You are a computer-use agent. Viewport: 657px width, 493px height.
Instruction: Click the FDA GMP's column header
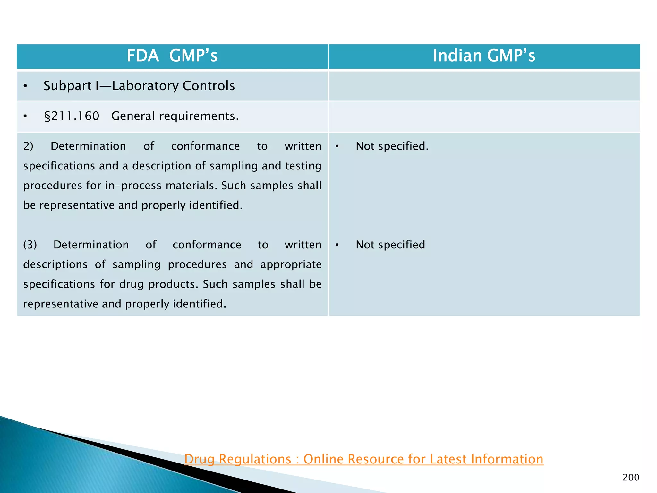[x=172, y=56]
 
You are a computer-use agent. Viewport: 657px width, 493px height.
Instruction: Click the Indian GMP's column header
[x=484, y=56]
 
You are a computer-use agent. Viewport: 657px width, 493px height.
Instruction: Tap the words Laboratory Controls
[x=173, y=86]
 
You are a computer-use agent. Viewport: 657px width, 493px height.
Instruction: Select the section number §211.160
[x=72, y=116]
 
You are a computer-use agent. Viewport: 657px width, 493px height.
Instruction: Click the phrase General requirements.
[x=175, y=116]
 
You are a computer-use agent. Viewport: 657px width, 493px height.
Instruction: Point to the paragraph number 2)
[x=28, y=146]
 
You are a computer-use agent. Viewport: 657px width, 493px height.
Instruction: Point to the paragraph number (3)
[x=30, y=245]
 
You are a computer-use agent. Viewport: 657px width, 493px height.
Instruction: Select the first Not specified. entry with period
[x=392, y=146]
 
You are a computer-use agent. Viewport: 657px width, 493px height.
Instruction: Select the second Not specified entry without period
[x=390, y=245]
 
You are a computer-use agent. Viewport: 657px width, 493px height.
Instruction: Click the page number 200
[x=631, y=478]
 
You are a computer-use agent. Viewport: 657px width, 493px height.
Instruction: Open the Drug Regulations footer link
[x=364, y=459]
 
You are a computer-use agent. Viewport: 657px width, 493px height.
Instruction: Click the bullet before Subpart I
[x=25, y=86]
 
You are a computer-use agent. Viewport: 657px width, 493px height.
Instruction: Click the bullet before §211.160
[x=25, y=117]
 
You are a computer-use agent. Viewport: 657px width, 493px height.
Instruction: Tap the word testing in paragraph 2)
[x=303, y=166]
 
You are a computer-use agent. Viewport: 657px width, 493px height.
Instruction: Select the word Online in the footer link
[x=323, y=459]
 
